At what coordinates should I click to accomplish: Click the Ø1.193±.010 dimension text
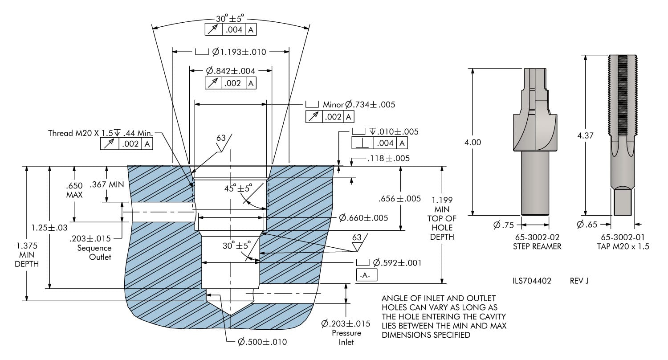tap(239, 52)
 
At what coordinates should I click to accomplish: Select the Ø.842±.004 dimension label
tap(231, 71)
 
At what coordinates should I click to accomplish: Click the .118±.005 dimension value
tap(389, 158)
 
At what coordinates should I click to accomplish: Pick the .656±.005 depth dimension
tap(399, 199)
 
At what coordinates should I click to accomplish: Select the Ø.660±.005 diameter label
tap(363, 218)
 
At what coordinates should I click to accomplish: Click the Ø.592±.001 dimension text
tap(397, 263)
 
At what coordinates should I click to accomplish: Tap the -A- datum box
tap(367, 276)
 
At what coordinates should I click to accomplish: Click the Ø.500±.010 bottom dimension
tap(262, 342)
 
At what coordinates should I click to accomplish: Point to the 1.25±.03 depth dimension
tap(49, 228)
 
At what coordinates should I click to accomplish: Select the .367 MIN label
tap(107, 184)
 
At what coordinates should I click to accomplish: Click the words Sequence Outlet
tap(94, 253)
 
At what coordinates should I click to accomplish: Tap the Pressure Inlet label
tap(346, 337)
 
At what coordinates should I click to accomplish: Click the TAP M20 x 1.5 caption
tap(623, 246)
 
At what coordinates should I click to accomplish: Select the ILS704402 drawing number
tap(532, 281)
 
